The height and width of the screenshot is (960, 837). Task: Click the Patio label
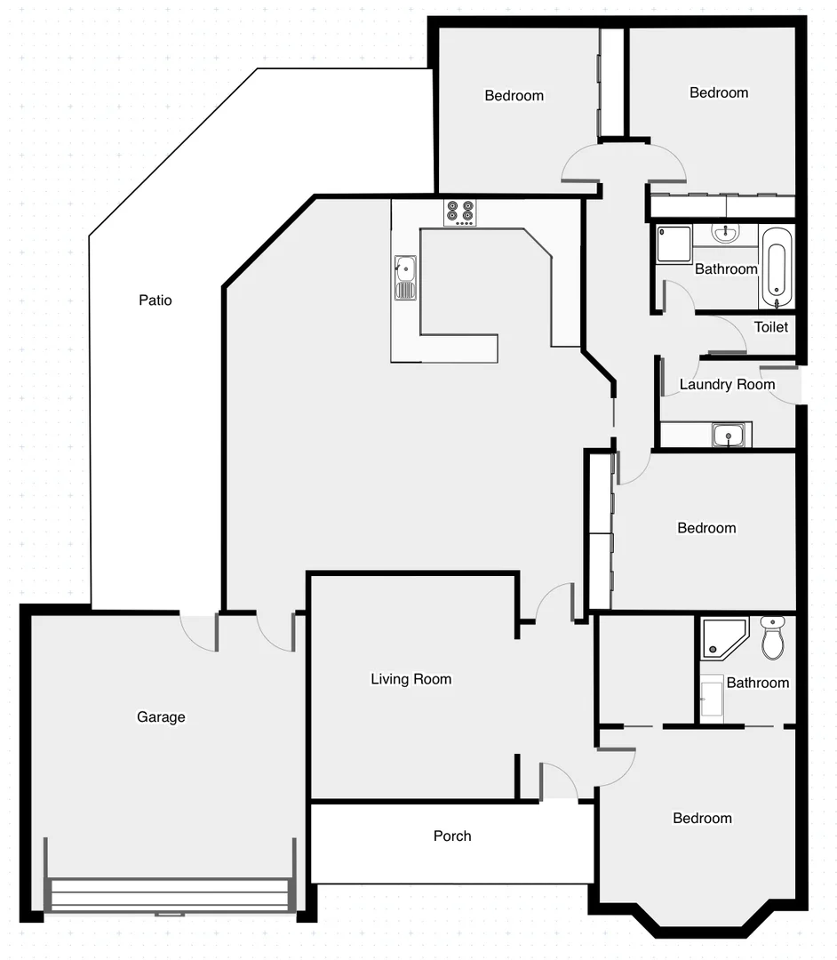(155, 300)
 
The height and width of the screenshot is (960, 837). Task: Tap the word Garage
(161, 717)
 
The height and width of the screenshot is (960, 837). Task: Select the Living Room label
(411, 679)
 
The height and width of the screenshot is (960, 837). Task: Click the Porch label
(452, 836)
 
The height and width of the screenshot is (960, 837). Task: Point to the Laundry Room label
(727, 385)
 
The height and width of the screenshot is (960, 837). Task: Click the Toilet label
(770, 327)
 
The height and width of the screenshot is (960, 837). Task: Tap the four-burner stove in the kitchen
(459, 212)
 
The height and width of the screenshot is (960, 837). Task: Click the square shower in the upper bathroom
(674, 244)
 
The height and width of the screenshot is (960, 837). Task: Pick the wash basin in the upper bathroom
(726, 234)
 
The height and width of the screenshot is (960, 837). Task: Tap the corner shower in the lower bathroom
(724, 637)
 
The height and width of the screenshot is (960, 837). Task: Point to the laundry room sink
(729, 436)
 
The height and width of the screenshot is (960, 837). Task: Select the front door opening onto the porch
(558, 782)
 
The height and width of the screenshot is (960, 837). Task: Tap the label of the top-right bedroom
(719, 92)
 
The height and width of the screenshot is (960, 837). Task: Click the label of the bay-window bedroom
(702, 819)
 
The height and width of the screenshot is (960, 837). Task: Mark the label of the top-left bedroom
(514, 96)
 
